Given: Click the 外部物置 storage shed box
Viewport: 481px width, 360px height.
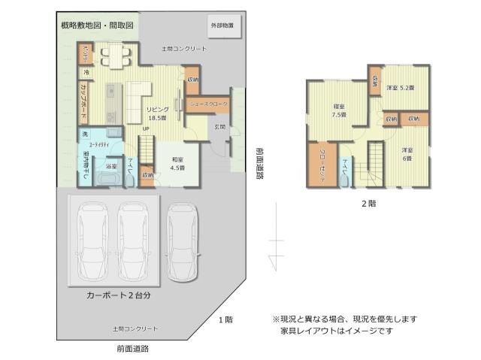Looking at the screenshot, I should click(222, 26).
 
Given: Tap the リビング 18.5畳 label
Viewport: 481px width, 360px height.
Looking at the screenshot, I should click(157, 113).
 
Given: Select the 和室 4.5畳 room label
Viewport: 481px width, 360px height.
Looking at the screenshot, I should click(178, 163).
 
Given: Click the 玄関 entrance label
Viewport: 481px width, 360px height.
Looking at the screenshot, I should click(219, 127).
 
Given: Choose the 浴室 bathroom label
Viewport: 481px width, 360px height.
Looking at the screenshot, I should click(110, 165).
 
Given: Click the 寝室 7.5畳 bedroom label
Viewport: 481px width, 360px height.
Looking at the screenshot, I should click(340, 111).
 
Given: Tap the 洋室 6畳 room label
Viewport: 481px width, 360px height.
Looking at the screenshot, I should click(407, 153).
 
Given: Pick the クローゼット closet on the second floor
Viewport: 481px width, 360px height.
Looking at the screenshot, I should click(322, 162).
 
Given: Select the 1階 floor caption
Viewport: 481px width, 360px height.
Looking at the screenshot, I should click(225, 320).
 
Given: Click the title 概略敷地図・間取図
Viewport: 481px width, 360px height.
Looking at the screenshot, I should click(97, 26).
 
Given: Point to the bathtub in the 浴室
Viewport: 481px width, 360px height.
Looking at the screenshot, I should click(105, 180).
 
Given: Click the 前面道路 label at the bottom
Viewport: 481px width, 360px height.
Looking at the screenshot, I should click(133, 348).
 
